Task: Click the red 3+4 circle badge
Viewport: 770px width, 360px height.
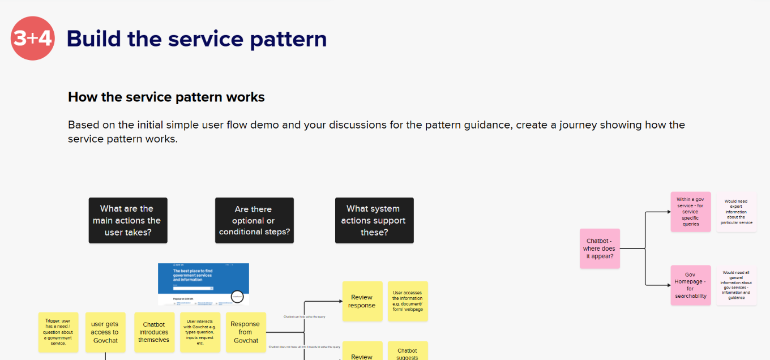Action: (x=33, y=38)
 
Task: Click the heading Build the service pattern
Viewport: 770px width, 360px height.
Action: (x=196, y=38)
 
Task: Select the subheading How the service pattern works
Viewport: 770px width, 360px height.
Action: (x=166, y=97)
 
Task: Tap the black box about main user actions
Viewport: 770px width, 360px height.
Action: (x=128, y=220)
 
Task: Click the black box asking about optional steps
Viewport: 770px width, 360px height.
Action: (x=254, y=220)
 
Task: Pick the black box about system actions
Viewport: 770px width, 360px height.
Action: (x=374, y=220)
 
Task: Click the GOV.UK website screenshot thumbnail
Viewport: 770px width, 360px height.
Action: (x=203, y=284)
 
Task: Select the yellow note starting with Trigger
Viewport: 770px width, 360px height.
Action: (x=58, y=332)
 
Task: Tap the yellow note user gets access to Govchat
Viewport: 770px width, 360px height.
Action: (x=105, y=332)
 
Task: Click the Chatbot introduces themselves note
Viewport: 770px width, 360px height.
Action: (x=154, y=332)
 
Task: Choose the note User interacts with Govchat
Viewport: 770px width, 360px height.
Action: (x=200, y=332)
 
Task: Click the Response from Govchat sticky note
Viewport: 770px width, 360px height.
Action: (x=245, y=332)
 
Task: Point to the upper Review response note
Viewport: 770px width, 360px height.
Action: (x=362, y=301)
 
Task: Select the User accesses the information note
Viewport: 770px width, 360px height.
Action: (x=407, y=301)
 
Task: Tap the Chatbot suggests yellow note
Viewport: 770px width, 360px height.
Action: (x=407, y=352)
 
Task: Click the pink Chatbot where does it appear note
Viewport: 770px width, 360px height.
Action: (x=600, y=248)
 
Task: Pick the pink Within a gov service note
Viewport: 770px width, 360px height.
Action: (x=690, y=212)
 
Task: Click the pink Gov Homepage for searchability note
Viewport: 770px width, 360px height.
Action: (x=690, y=285)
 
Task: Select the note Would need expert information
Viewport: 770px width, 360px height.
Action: (x=736, y=212)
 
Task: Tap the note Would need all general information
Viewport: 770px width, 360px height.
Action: (x=736, y=285)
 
